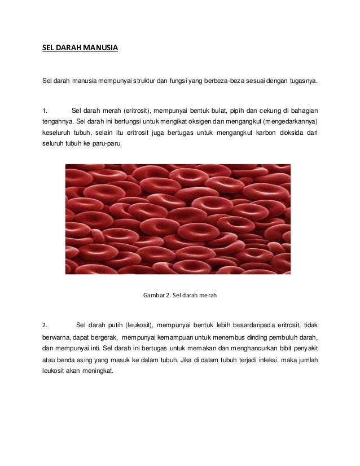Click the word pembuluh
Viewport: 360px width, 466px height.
coord(279,337)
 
